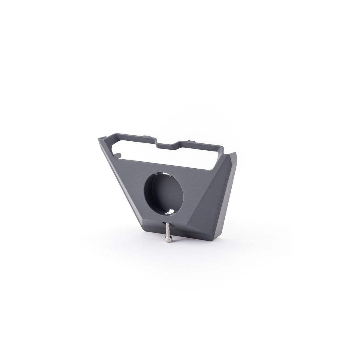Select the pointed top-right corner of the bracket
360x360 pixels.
click(x=236, y=153)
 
